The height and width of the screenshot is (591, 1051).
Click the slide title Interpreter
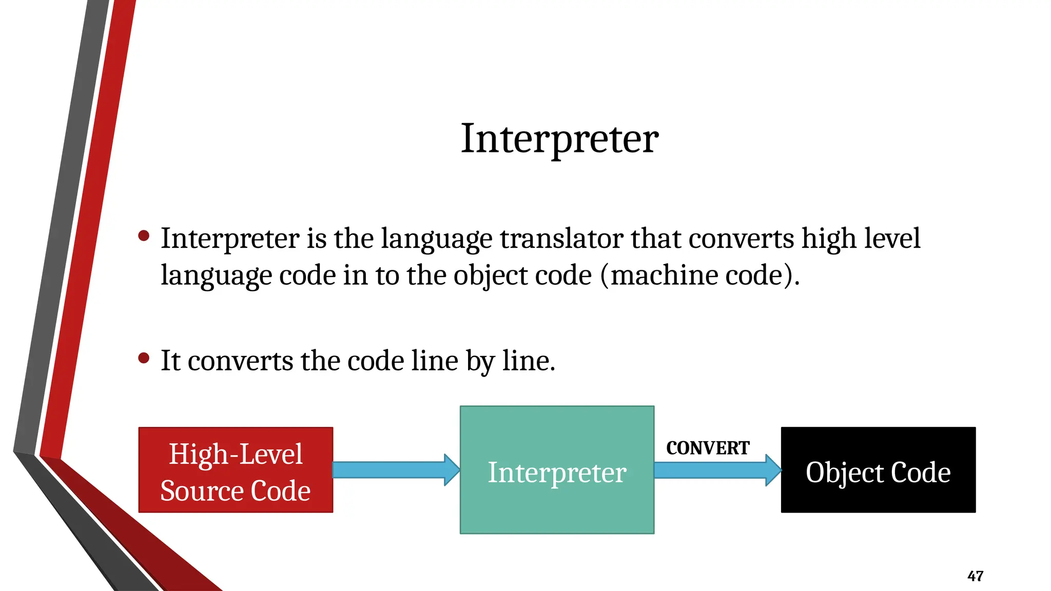coord(559,139)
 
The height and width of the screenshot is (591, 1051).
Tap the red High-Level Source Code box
coord(236,470)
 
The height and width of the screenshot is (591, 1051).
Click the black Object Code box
coord(878,493)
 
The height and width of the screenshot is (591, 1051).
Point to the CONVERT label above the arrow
coord(708,448)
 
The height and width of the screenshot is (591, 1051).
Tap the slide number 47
coord(975,576)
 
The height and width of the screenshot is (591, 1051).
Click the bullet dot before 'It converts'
coord(144,358)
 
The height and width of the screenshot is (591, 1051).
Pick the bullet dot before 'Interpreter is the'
coord(144,235)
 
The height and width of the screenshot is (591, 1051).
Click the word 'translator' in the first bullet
coord(561,239)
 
